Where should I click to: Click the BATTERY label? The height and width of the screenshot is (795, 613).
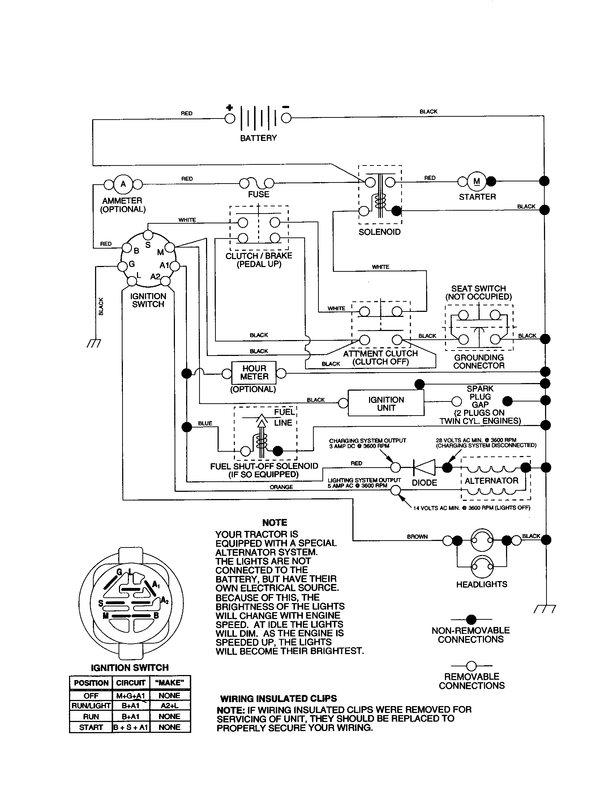coord(258,138)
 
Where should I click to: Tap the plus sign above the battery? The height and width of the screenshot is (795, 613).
coord(229,108)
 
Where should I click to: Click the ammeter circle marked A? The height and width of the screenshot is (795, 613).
coord(123,184)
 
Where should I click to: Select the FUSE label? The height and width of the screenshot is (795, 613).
coord(258,194)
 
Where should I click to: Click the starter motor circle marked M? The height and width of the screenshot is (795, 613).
coord(476,181)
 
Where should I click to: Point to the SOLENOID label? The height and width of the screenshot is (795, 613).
coord(379,232)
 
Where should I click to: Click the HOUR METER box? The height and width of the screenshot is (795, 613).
coord(254,373)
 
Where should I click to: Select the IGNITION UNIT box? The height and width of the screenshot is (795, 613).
coord(386,404)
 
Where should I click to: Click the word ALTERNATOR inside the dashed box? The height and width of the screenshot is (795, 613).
coord(492,481)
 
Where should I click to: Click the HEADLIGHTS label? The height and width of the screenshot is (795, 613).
coord(481,584)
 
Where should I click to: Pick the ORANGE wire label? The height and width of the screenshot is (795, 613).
coord(281,487)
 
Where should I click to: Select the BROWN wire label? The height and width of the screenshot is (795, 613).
coord(417,537)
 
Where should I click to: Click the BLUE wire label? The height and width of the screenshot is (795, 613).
coord(205,424)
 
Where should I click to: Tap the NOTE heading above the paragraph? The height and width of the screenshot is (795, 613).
coord(274,523)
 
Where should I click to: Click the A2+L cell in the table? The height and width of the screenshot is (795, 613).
coord(169,705)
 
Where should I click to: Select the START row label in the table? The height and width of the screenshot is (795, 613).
coord(91,727)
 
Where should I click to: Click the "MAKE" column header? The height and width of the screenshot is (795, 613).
coord(169,683)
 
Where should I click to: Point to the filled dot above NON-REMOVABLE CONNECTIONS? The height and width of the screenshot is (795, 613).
coord(471,619)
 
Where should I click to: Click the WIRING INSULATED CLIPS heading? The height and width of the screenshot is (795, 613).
coord(278,699)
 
